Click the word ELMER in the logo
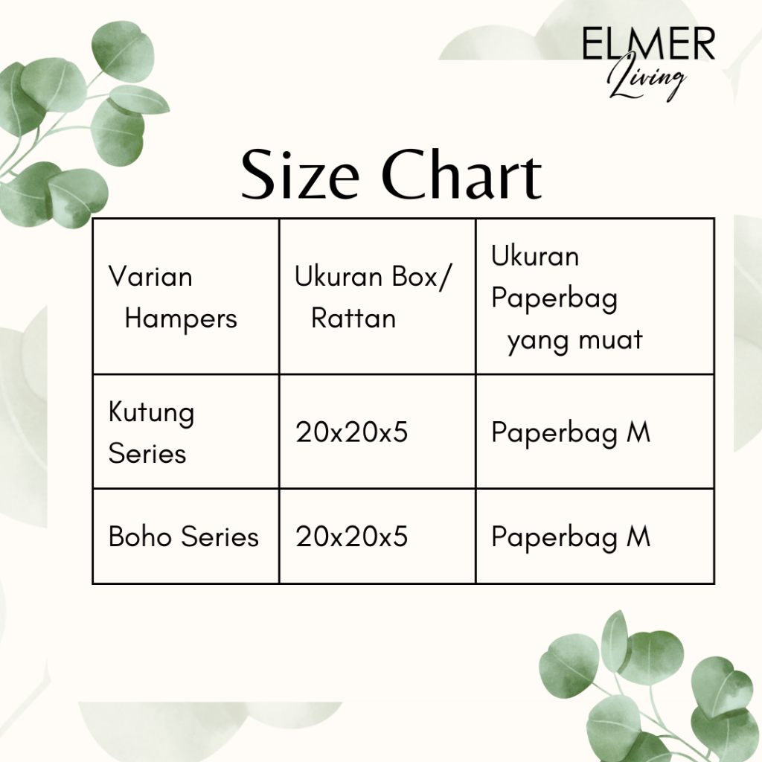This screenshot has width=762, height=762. pos(649,44)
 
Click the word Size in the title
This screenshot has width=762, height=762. pos(300,175)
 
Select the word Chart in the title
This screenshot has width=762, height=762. pos(461,174)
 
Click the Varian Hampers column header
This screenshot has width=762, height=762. pos(173,298)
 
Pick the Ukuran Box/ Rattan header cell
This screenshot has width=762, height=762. pos(373,298)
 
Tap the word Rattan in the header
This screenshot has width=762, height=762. pos(353,318)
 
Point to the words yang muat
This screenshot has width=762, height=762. pos(575,341)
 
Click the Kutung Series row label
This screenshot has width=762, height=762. pos(151,432)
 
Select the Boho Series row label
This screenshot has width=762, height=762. pos(183,537)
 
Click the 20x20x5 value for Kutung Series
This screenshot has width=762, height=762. pos(351,432)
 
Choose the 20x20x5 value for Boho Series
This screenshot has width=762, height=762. pos(351,537)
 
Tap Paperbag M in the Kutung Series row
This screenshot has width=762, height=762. pos(571,433)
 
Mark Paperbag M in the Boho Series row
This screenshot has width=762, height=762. pos(571,538)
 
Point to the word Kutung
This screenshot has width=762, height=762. pos(151,413)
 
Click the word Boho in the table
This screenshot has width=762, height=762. pos(140,537)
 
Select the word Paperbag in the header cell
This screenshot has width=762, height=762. pos(554,299)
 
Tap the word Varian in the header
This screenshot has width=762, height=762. pos(150,277)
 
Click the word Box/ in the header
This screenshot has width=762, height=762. pos(421,277)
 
